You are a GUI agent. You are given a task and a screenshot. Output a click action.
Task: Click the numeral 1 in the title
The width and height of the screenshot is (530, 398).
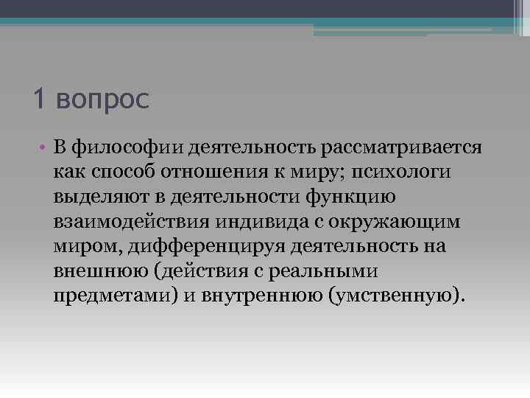pos(39,98)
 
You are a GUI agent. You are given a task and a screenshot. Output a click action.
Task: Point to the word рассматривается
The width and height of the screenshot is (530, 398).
pos(401,147)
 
